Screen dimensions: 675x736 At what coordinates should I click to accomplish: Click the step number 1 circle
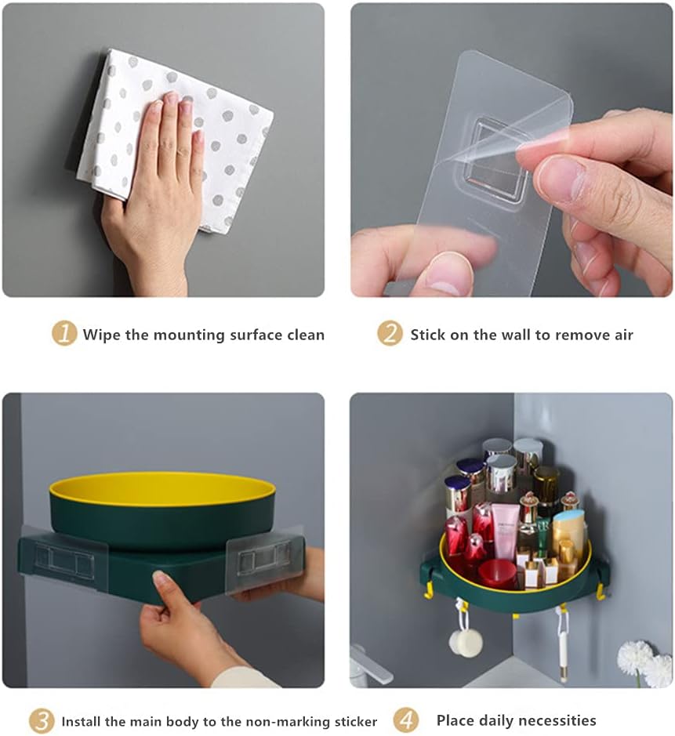tap(64, 334)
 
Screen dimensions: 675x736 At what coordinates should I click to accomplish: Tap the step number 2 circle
tap(390, 334)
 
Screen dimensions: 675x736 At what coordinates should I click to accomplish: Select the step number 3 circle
tap(42, 720)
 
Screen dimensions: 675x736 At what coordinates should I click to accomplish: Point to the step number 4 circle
tap(406, 720)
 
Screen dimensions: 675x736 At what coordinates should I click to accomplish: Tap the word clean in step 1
tap(306, 335)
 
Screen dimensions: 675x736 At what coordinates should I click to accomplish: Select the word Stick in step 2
tap(428, 335)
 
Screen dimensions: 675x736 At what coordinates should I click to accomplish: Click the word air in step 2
tap(624, 335)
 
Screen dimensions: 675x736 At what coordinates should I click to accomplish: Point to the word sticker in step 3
tap(356, 721)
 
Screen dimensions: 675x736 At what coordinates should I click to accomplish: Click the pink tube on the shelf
tap(505, 531)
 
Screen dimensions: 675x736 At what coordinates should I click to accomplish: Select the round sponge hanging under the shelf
tap(465, 642)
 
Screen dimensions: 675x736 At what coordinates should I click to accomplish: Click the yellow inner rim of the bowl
tap(162, 488)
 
